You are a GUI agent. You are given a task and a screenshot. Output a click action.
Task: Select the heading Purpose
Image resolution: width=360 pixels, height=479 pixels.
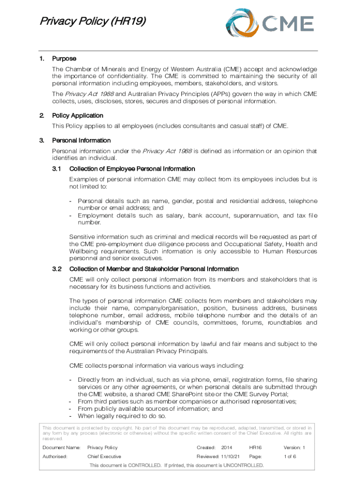pyautogui.click(x=64, y=59)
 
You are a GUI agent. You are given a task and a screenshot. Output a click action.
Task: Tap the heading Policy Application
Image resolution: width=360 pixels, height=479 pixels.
pyautogui.click(x=78, y=116)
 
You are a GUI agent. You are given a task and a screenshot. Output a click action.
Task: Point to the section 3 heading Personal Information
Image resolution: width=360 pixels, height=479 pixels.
pyautogui.click(x=81, y=140)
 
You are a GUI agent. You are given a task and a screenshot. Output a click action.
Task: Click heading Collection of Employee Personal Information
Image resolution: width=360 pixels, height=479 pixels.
pyautogui.click(x=132, y=169)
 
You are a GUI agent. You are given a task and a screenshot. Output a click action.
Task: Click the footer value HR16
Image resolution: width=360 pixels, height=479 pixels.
pyautogui.click(x=255, y=448)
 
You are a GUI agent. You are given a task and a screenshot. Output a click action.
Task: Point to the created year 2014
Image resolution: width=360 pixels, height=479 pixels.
pyautogui.click(x=227, y=448)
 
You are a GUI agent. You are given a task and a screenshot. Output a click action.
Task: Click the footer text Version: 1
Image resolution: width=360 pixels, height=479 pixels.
pyautogui.click(x=294, y=448)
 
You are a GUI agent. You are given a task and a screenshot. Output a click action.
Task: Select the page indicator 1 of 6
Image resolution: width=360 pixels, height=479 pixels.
pyautogui.click(x=290, y=457)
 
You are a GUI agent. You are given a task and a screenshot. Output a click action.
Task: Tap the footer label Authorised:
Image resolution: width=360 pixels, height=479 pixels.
pyautogui.click(x=56, y=457)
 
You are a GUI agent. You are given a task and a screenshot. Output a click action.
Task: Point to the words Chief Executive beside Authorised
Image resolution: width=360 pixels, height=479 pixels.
pyautogui.click(x=104, y=457)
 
